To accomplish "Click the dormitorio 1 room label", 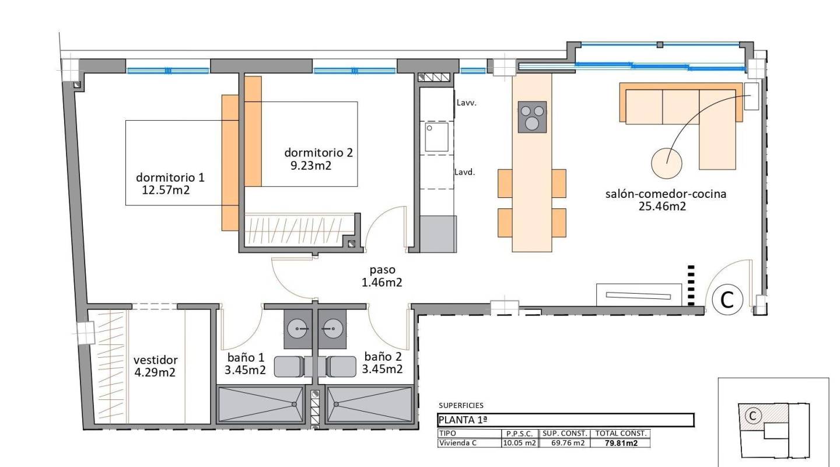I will click(x=170, y=177).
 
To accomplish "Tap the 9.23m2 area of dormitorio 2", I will click(x=315, y=165).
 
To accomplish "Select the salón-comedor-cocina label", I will click(x=666, y=194).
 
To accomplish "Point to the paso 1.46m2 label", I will click(x=382, y=270).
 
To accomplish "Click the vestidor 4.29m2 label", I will click(x=155, y=360).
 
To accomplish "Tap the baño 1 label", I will click(x=246, y=357).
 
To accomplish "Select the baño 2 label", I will click(x=383, y=357).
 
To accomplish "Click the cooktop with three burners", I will click(x=532, y=117).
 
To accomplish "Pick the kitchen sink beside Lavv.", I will click(x=436, y=137).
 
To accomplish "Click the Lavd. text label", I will click(x=465, y=172).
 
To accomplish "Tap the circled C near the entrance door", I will click(x=727, y=299).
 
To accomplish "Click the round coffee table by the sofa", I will click(x=667, y=163).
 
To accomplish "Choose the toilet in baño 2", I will click(x=341, y=367).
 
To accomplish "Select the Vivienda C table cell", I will click(x=458, y=443).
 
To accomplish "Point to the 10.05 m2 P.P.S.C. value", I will click(x=519, y=443).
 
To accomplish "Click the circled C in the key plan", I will click(x=752, y=415).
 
